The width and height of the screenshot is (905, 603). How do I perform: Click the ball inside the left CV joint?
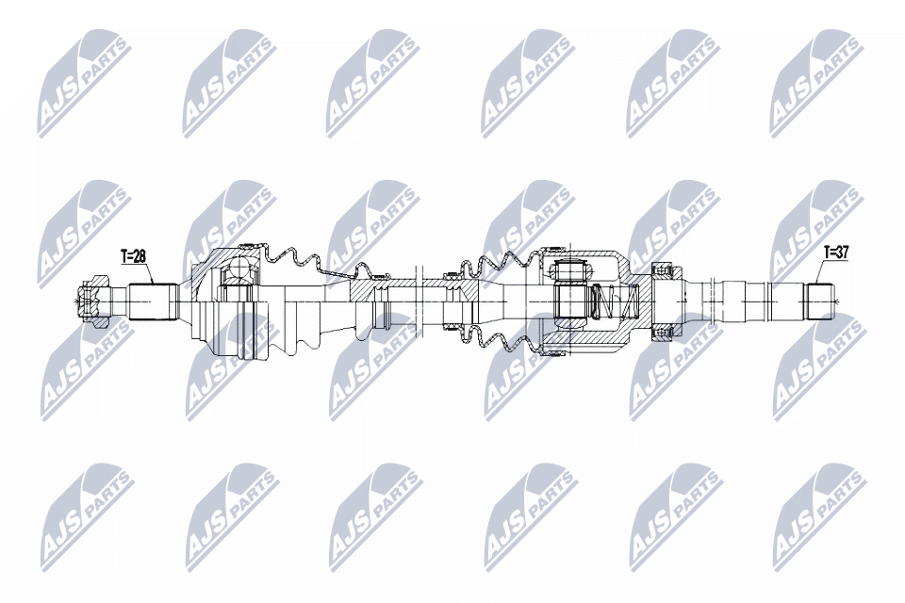click(237, 273)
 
